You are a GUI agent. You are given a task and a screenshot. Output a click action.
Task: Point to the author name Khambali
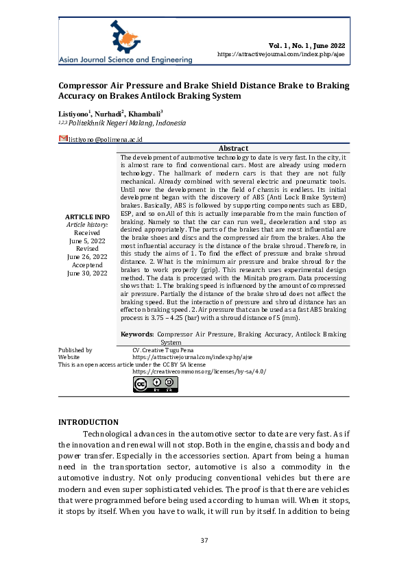tap(146, 112)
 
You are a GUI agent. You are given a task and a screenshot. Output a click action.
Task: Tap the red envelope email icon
tap(62, 138)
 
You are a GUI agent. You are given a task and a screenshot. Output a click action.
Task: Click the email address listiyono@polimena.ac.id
tap(104, 139)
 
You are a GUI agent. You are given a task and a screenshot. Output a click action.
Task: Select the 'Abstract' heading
tap(233, 149)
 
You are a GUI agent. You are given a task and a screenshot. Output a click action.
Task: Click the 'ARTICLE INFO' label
tap(88, 217)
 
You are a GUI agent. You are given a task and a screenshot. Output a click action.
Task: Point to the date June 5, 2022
tap(87, 241)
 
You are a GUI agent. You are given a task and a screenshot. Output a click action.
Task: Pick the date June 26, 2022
tap(87, 257)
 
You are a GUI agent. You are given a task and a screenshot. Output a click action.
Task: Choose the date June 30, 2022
tap(87, 273)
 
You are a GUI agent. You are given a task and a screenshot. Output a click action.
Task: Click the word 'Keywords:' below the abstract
tap(137, 334)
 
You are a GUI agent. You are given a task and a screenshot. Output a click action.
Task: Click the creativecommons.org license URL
tap(199, 371)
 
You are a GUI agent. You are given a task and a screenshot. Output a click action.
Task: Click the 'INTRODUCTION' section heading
tap(88, 422)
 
